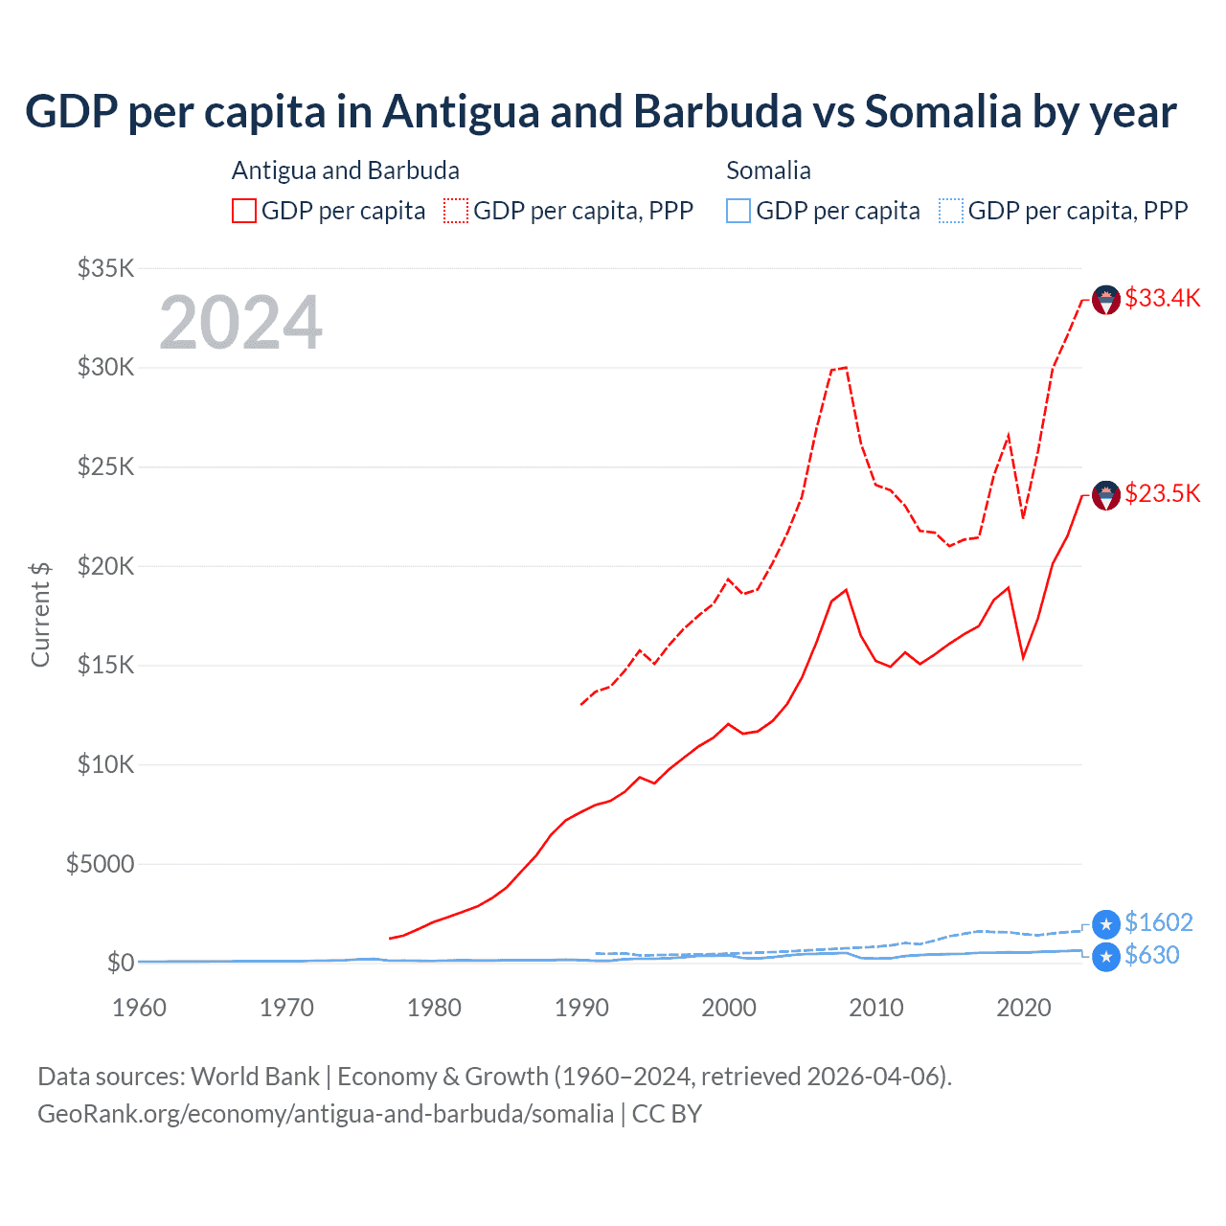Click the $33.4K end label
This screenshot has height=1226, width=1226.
[1162, 298]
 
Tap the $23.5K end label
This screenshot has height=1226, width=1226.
[1162, 493]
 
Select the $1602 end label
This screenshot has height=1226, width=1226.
[1158, 922]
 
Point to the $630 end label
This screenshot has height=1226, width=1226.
[1151, 955]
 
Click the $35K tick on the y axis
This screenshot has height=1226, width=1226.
[105, 268]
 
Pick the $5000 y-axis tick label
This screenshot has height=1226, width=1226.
[100, 864]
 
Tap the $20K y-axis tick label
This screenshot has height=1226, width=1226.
[105, 566]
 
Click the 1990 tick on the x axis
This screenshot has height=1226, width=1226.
[581, 1008]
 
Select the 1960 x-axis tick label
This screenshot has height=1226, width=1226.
[139, 1008]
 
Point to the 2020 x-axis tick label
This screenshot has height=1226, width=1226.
[1024, 1008]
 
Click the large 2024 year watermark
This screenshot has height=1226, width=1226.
[240, 323]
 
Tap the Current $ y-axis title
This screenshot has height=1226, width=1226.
[40, 614]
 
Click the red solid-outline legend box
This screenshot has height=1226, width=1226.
[244, 211]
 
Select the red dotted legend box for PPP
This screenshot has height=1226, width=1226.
[456, 211]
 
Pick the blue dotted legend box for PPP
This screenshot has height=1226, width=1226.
[950, 211]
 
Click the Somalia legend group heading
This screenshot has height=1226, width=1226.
[768, 170]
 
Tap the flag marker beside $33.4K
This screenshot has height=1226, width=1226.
[1106, 300]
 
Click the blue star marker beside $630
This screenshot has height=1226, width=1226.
[1106, 957]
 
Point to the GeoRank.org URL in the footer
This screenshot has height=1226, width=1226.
[326, 1114]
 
